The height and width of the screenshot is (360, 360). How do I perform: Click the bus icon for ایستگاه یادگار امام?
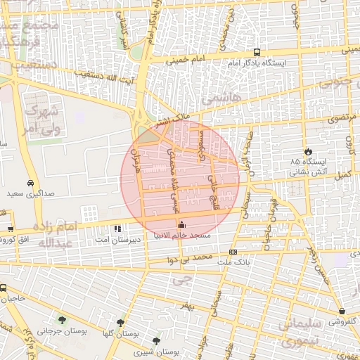[x=257, y=52]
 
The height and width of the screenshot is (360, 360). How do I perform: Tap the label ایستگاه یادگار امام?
[x=257, y=64]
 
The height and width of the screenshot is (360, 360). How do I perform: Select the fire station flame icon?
[x=307, y=151]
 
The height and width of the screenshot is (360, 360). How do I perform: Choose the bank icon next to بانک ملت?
[x=233, y=252]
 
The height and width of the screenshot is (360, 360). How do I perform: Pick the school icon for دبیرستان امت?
[x=117, y=228]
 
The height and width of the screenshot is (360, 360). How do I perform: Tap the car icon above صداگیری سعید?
[x=30, y=181]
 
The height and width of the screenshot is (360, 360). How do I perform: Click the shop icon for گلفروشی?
[x=342, y=311]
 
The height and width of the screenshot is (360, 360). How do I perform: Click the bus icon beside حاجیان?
[x=4, y=288]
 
